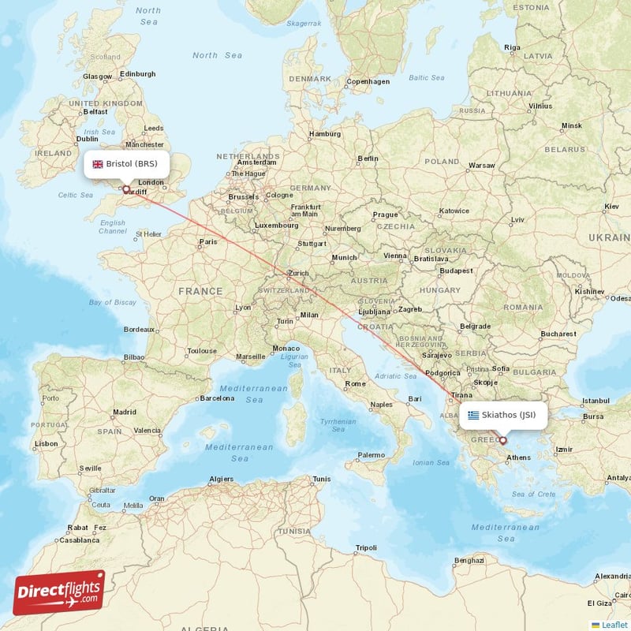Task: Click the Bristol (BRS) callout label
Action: tap(126, 164)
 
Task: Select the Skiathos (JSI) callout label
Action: tap(502, 415)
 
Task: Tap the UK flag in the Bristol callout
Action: tap(98, 164)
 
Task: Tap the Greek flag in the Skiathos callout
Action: tap(473, 415)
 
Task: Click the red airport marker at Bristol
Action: tap(125, 189)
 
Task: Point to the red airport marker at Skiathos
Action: tap(502, 440)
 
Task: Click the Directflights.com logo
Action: tap(59, 592)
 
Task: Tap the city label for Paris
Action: tap(208, 242)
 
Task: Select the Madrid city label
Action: tap(124, 412)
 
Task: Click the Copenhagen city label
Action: tap(368, 81)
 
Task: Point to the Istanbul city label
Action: tap(596, 401)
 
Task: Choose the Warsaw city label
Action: tap(481, 166)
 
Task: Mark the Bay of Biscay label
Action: tap(113, 302)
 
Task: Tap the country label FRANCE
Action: tap(200, 291)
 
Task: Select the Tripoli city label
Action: tap(366, 547)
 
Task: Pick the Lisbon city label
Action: tap(46, 443)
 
